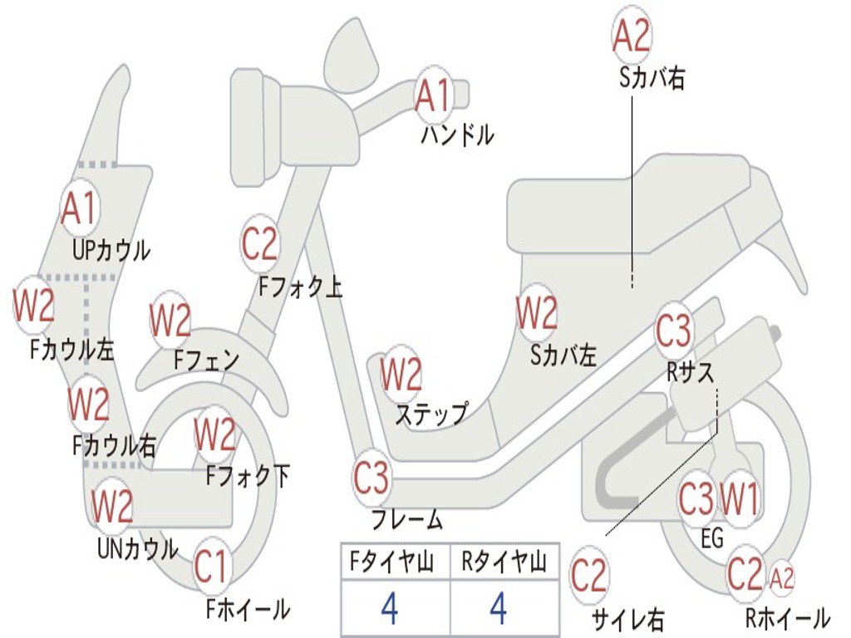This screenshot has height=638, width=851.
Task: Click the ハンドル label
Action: tap(457, 134)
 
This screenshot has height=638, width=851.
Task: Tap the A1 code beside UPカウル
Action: tap(80, 209)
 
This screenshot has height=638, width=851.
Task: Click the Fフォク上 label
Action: tap(300, 287)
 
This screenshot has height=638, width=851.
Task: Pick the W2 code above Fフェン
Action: tap(170, 320)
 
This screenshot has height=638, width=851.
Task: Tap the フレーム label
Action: tap(407, 521)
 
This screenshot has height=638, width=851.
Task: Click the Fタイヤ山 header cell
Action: tap(394, 564)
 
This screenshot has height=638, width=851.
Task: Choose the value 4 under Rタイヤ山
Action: tap(499, 609)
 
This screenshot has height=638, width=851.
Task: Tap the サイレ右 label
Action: tap(627, 618)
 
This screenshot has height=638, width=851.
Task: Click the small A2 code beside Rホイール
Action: tap(782, 577)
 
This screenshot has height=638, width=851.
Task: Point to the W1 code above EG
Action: tap(739, 499)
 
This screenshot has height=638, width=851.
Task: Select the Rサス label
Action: tap(691, 372)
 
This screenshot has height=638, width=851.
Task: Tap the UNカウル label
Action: tap(137, 548)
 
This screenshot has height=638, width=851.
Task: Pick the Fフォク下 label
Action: tap(248, 476)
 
